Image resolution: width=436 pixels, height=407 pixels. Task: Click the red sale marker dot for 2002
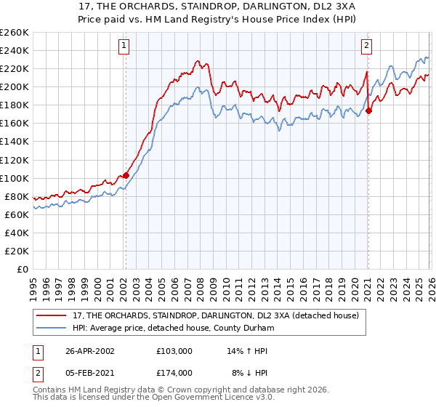(126, 175)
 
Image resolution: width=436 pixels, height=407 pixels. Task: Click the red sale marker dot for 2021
(368, 110)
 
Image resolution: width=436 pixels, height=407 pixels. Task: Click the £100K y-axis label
(15, 178)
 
